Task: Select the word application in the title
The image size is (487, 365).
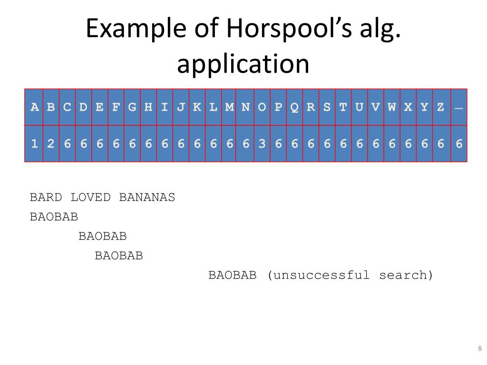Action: (243, 64)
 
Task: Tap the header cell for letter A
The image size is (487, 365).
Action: (35, 107)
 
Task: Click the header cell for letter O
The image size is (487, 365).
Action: (262, 107)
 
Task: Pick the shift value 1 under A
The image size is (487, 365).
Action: (35, 144)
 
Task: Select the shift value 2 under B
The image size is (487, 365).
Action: (51, 144)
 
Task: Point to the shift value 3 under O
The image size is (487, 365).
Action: (262, 144)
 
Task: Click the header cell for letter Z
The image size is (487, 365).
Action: (441, 107)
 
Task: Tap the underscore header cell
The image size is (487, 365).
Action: (458, 107)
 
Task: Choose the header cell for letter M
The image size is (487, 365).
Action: (230, 107)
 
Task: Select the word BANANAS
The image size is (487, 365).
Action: (147, 197)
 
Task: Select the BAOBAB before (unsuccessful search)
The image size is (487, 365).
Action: (233, 275)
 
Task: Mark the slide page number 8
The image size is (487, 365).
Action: (480, 349)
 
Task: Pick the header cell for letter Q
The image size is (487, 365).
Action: (294, 107)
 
